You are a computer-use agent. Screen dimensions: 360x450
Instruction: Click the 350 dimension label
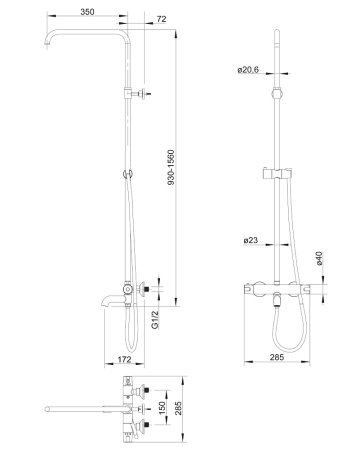tap(87, 12)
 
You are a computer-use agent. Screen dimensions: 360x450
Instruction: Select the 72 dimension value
tap(161, 19)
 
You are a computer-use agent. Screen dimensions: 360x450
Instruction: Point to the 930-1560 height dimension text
tap(171, 168)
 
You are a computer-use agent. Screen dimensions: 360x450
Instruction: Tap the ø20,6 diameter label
tap(248, 70)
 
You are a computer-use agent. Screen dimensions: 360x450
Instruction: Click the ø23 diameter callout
tap(251, 240)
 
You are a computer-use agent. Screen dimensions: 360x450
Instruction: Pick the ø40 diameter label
tap(319, 258)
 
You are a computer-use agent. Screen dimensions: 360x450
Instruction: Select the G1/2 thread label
tap(155, 320)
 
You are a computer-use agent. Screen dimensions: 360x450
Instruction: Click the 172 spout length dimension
tap(124, 359)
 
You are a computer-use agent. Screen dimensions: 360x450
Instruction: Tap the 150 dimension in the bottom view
tap(162, 408)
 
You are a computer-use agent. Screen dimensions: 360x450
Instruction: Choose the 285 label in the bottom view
tap(179, 408)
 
